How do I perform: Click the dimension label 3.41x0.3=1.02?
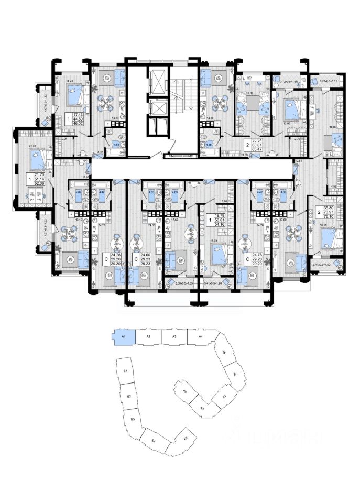(327, 264)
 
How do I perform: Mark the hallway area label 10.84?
(299, 160)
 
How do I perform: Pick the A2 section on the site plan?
(148, 336)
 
